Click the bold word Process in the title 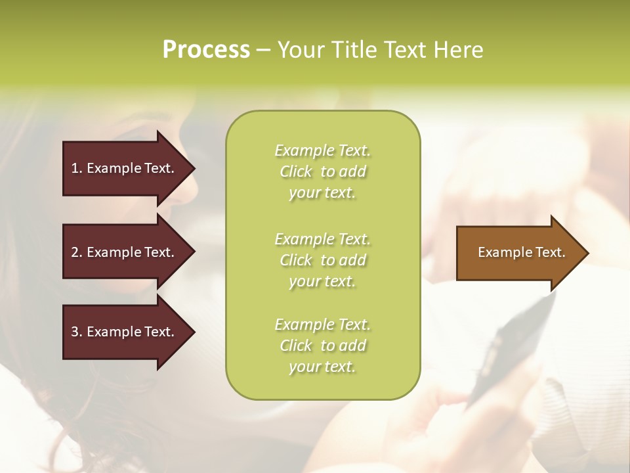tap(206, 50)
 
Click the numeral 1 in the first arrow tap(75, 168)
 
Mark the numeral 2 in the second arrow tap(75, 252)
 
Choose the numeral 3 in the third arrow tap(75, 332)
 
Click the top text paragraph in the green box tap(322, 171)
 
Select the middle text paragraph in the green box tap(322, 260)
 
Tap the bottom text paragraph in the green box tap(322, 346)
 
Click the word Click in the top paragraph tap(296, 172)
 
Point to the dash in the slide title tap(263, 50)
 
